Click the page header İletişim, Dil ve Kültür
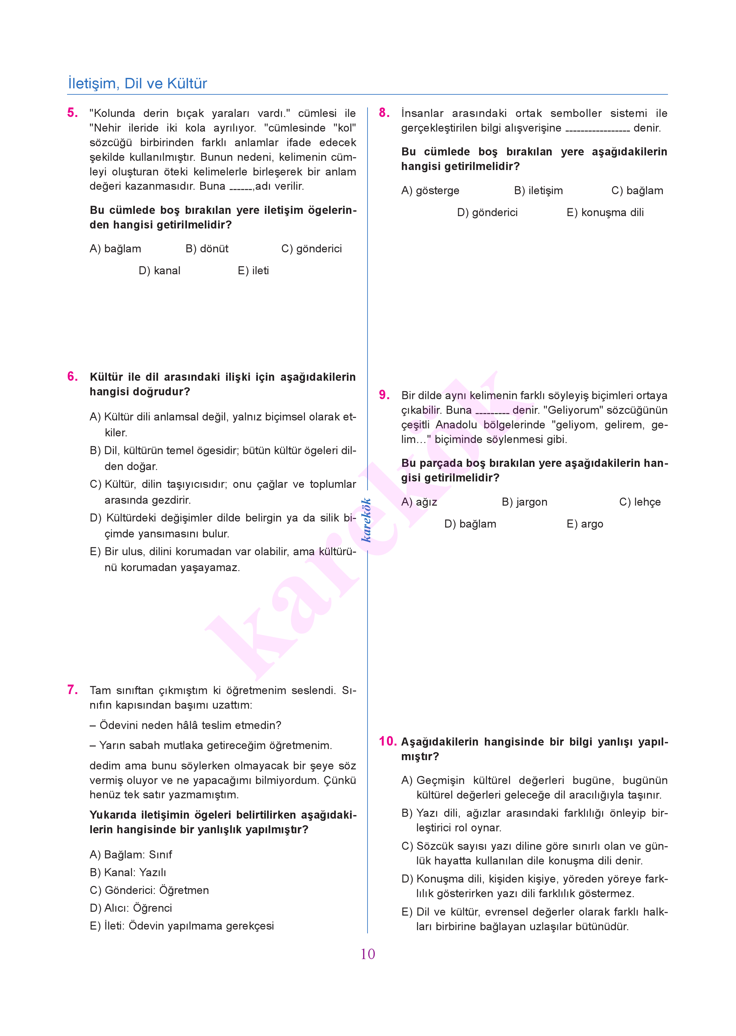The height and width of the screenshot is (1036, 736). tap(137, 83)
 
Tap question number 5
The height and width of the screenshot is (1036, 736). tap(72, 113)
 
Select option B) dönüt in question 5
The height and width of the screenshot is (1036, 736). tap(207, 249)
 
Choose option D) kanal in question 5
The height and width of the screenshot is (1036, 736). tap(160, 271)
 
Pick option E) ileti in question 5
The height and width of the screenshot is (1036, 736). tap(253, 271)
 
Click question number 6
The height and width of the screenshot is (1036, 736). tap(72, 377)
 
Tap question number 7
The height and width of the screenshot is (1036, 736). tap(72, 690)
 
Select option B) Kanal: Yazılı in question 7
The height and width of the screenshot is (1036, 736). tap(128, 872)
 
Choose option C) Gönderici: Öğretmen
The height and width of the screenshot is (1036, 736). tap(149, 890)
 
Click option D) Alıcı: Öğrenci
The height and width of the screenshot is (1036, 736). tap(131, 908)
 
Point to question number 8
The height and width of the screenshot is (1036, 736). tap(384, 113)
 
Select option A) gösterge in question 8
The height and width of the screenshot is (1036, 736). tap(430, 191)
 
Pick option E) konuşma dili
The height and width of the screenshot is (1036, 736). tap(605, 213)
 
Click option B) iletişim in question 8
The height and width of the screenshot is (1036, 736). tap(538, 191)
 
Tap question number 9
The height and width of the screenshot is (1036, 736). tap(384, 395)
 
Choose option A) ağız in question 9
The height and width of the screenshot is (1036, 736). tap(419, 502)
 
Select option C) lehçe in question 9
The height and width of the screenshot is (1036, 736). tap(640, 502)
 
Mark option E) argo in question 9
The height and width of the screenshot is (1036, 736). tap(585, 524)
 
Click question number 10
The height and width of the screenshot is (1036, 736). tap(388, 741)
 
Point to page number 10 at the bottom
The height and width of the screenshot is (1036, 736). tap(368, 954)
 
